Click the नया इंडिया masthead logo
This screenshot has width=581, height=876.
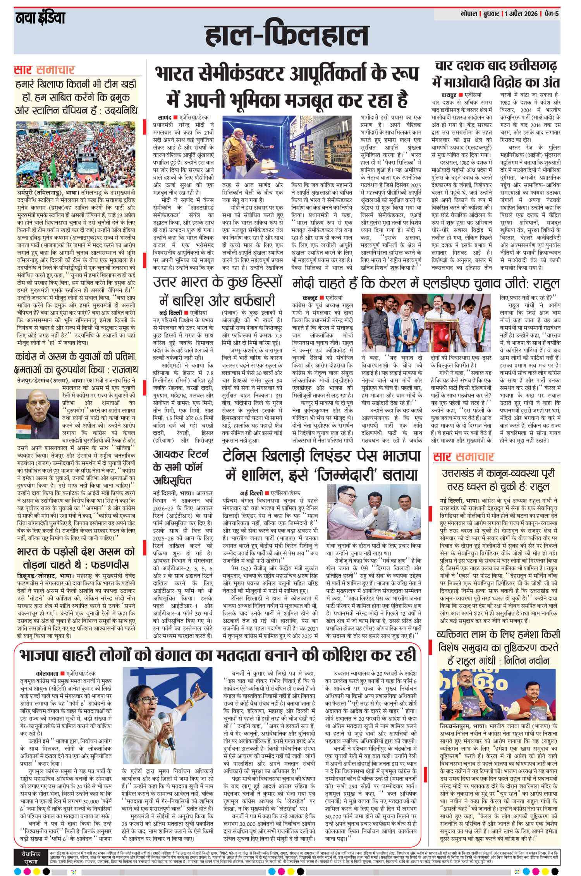click(x=40, y=18)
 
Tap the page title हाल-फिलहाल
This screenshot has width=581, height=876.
click(x=287, y=38)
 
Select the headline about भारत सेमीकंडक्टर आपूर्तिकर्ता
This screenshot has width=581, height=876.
click(x=282, y=88)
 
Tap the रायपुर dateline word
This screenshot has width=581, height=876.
click(x=449, y=95)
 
